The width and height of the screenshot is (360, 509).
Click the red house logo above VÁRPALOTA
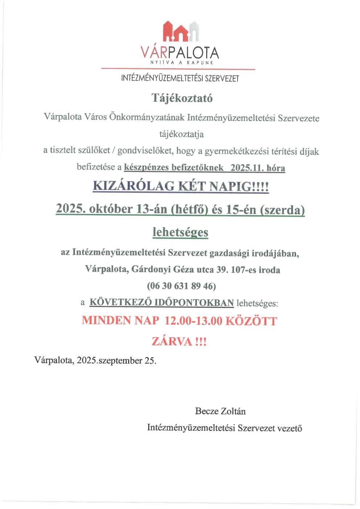(x=181, y=31)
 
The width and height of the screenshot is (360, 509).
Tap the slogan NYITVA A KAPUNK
(x=181, y=63)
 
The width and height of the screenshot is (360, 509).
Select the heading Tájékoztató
(x=182, y=98)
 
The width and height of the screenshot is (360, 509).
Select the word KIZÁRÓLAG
(x=134, y=186)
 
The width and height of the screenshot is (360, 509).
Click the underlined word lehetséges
(x=180, y=232)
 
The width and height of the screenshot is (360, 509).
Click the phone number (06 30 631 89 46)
(x=181, y=286)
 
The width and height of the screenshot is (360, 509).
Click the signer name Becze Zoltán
(x=220, y=411)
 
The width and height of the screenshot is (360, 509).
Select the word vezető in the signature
(x=290, y=428)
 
